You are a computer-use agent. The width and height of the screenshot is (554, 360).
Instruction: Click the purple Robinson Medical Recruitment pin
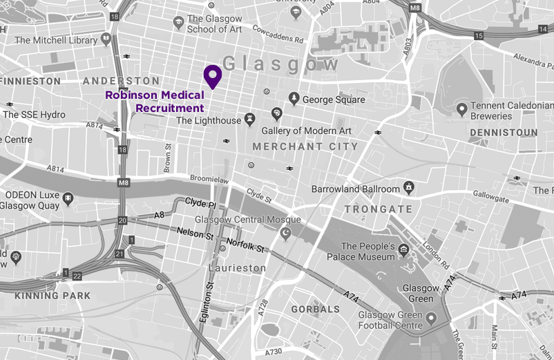(x=211, y=76)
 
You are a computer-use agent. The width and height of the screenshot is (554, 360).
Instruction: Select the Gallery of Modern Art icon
(x=277, y=113)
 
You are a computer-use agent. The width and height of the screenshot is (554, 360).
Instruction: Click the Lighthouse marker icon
(x=249, y=121)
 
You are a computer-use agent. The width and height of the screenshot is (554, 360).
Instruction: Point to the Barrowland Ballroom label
(x=356, y=189)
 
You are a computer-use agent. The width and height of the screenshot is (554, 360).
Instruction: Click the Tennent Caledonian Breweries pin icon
(x=463, y=109)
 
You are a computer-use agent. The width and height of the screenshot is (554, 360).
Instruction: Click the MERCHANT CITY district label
(x=305, y=146)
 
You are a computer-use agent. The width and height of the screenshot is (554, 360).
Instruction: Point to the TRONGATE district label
(x=379, y=209)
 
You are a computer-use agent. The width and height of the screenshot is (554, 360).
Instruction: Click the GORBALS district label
(x=316, y=309)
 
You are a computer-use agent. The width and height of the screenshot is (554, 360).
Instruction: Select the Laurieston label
(x=237, y=267)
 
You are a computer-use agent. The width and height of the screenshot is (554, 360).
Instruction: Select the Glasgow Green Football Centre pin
(x=432, y=319)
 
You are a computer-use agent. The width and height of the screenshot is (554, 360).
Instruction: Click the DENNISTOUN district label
(x=503, y=132)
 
